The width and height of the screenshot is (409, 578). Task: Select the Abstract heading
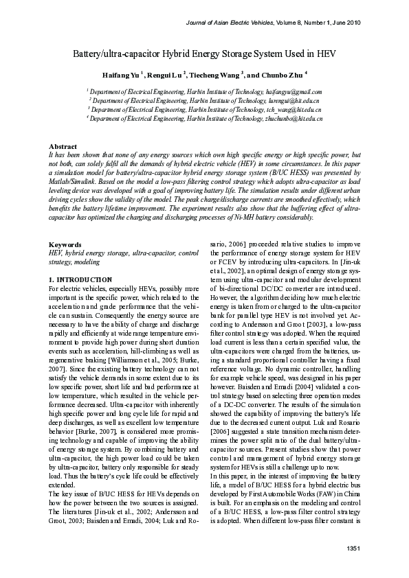(63, 147)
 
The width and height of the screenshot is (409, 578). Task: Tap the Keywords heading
(65, 244)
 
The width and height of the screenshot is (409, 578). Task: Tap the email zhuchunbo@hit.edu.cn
(294, 119)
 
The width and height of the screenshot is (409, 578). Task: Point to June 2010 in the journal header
(345, 23)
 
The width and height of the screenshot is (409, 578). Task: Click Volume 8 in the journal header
(268, 23)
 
